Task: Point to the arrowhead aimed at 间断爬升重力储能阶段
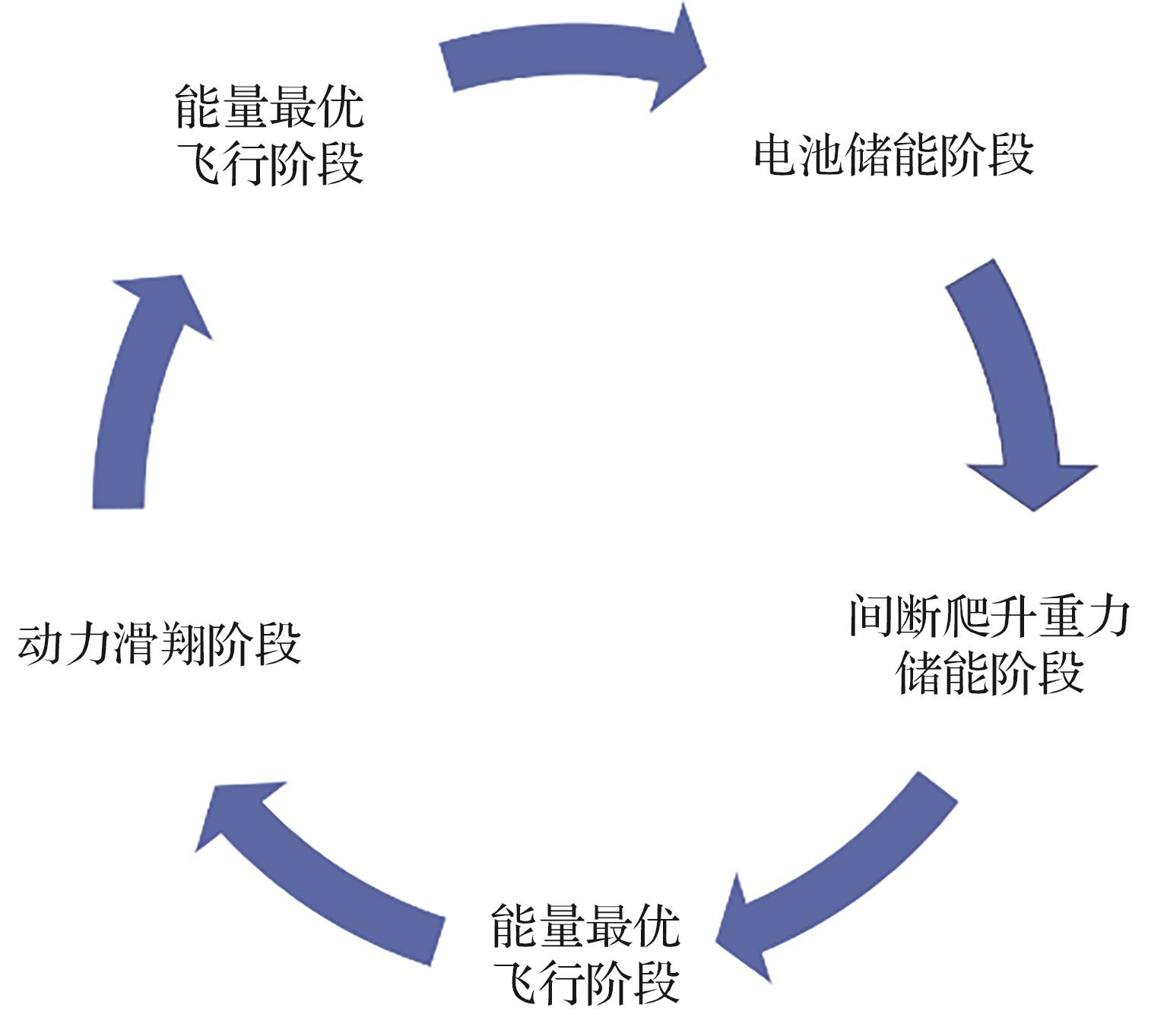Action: (1032, 483)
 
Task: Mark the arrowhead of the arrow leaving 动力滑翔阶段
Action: (163, 304)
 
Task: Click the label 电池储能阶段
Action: (893, 155)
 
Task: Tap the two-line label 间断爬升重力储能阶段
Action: (989, 645)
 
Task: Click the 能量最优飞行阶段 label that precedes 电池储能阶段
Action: (269, 135)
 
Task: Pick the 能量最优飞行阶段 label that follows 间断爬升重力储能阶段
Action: (585, 954)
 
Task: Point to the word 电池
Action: (800, 155)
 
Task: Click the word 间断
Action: (895, 616)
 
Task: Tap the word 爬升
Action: (989, 616)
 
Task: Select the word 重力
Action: (1083, 616)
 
